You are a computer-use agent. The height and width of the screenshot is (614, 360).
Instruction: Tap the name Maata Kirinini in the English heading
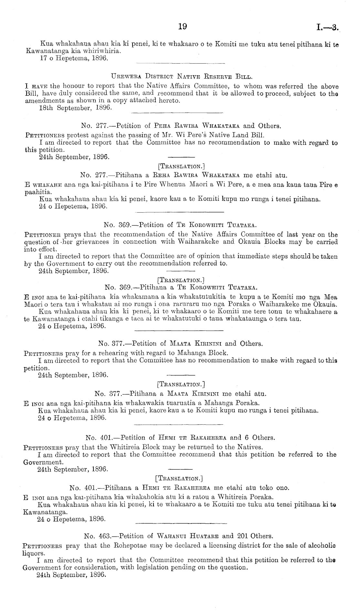tap(193, 344)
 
